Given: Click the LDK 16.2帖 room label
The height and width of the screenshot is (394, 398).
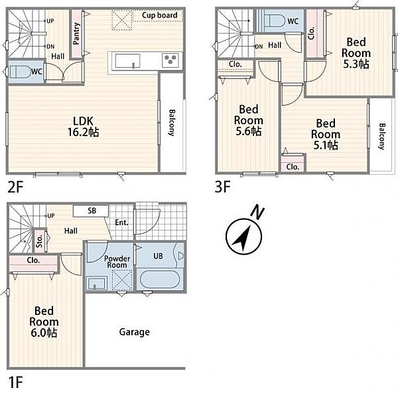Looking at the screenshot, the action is tap(84, 127).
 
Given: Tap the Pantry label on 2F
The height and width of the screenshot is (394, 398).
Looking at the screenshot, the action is tap(76, 34).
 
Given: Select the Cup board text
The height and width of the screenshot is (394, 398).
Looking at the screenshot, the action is tap(160, 15).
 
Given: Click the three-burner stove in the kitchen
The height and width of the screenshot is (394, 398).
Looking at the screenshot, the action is tap(170, 60).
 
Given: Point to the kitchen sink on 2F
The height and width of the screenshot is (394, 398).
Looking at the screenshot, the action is tap(127, 61).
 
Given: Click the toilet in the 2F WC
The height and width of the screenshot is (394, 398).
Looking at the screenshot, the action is tap(21, 72).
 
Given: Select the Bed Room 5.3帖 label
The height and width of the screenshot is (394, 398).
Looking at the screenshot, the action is tap(356, 53).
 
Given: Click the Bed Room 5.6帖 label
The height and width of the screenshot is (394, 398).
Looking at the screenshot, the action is tap(249, 120).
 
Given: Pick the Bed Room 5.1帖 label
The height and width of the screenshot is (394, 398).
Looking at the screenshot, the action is tap(326, 134).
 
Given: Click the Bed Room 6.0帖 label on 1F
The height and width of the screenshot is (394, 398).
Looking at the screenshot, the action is tap(44, 322).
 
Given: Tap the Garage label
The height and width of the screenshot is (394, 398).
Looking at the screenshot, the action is tap(135, 332).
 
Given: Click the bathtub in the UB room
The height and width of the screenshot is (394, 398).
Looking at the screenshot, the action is tap(160, 279).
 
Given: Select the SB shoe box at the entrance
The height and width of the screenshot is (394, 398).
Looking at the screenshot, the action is tap(91, 211).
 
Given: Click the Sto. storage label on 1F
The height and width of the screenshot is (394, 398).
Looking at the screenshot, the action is tap(39, 241).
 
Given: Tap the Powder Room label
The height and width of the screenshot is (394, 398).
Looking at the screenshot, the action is tap(117, 262).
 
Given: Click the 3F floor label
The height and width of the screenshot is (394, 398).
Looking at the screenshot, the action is tap(222, 187).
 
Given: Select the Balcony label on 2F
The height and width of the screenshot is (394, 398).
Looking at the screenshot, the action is tap(172, 123).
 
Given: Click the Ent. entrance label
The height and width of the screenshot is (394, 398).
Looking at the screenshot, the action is tap(122, 223).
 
